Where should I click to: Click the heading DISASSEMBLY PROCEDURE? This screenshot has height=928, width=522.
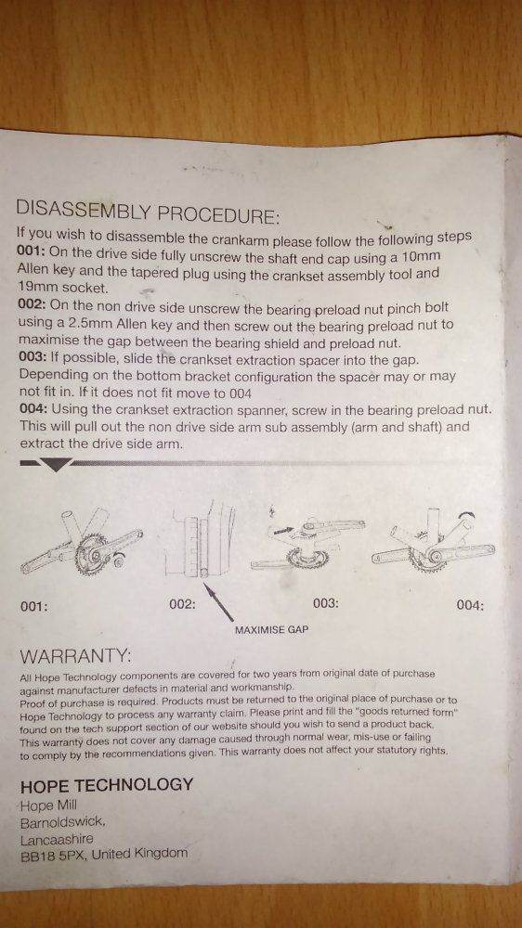[148, 210]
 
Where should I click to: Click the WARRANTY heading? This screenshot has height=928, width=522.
[74, 656]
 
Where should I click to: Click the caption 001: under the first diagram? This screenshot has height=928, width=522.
[33, 607]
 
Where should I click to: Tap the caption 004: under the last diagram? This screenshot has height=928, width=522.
[471, 606]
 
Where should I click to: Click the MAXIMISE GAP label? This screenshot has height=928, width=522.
[271, 630]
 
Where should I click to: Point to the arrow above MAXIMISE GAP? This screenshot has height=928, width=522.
[218, 602]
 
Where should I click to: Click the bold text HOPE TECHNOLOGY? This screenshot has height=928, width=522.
[107, 786]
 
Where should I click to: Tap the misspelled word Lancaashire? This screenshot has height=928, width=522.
[57, 840]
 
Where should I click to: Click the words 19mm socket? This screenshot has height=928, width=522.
[63, 289]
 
